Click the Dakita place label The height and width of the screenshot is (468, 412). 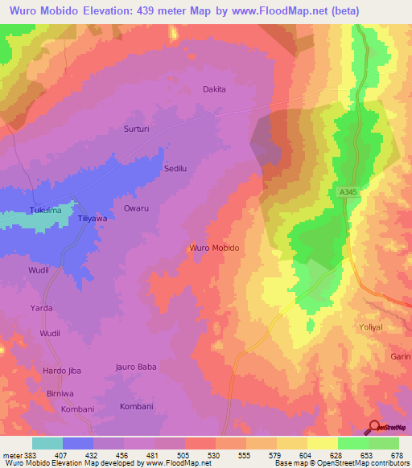coord(214,89)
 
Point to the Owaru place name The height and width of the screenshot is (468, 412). coord(136,208)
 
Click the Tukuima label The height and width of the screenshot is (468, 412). coord(45,211)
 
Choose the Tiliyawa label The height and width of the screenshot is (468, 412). coord(92,218)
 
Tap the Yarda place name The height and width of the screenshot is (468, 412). coord(41,308)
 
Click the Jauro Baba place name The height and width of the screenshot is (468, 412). coord(136,367)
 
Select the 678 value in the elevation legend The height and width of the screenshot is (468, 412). coord(398,455)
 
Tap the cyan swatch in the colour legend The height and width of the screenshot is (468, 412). coord(47,443)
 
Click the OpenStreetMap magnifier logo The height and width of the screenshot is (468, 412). coord(374,428)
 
